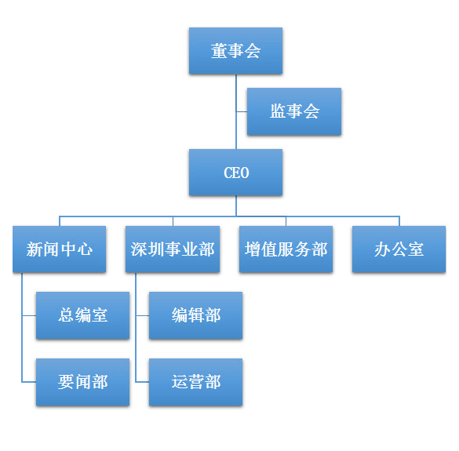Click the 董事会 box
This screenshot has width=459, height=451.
[235, 51]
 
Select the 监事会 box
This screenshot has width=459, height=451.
[294, 111]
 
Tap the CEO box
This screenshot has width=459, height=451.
[235, 173]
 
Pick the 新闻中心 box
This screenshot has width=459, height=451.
[60, 249]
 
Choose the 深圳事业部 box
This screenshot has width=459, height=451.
[173, 249]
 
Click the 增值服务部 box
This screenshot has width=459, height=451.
[286, 249]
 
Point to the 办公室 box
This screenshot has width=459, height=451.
[399, 249]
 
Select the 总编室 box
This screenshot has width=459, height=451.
[83, 315]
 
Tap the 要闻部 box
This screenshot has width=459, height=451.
[83, 382]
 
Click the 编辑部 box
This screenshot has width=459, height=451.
[196, 315]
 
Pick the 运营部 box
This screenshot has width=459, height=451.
[196, 382]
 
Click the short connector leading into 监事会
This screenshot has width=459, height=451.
[242, 111]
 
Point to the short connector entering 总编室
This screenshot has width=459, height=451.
[29, 315]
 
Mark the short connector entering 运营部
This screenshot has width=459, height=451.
[142, 382]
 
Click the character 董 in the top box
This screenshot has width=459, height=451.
[219, 51]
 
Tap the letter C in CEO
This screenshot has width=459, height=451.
[228, 173]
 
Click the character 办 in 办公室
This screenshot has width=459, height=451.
[382, 249]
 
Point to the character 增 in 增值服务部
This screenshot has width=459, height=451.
[253, 249]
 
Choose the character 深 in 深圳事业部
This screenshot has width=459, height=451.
[139, 249]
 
